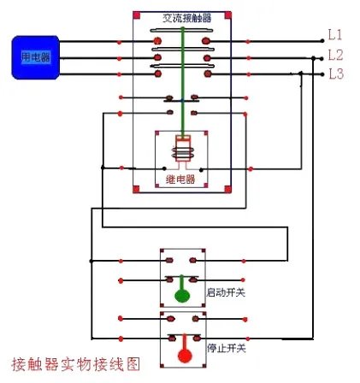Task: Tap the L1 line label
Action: (335, 36)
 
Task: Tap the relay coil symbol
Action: (181, 151)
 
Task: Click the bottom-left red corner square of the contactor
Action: (137, 189)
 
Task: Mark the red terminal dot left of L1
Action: (319, 40)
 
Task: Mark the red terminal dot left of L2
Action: (319, 58)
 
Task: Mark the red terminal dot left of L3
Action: (319, 75)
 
